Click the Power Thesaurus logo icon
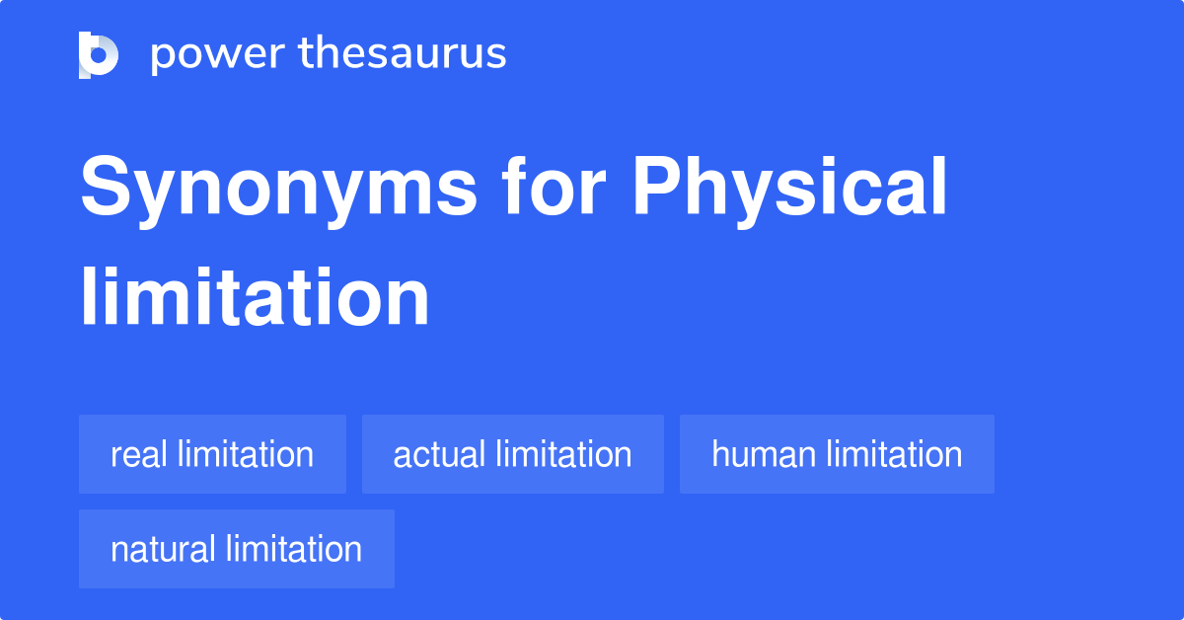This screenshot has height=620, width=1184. [99, 54]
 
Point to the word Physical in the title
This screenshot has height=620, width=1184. [789, 191]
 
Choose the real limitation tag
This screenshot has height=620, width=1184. [212, 454]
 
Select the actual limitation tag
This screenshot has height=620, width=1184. [512, 454]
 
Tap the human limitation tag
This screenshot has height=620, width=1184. [837, 454]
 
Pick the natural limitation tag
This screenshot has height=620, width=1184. [236, 549]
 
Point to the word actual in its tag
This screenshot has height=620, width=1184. [439, 455]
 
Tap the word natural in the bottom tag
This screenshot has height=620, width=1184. [163, 550]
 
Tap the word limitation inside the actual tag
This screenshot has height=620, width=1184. [563, 454]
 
